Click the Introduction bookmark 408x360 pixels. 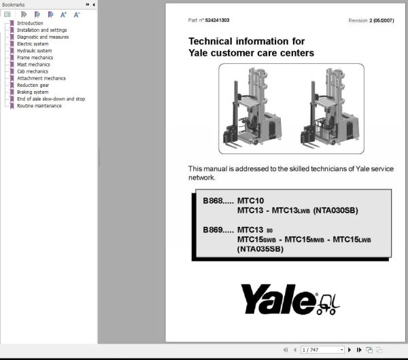30,23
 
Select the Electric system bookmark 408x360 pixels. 33,44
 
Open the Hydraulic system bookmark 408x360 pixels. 34,51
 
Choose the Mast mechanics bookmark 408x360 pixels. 33,65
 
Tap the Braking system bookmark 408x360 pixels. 33,92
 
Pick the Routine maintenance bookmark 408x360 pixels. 39,106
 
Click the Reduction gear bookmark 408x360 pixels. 33,85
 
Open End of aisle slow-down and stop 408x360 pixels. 51,99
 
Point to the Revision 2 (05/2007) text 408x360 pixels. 371,20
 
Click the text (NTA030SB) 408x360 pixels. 335,211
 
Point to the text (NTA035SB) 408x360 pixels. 260,249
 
